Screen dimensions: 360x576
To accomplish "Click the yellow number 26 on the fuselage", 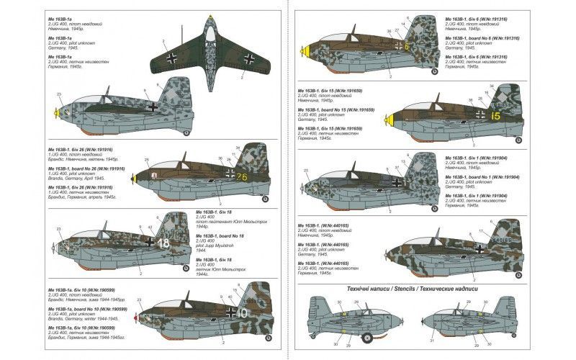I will pyautogui.click(x=241, y=177).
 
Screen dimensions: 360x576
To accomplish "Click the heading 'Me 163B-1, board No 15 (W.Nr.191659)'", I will pyautogui.click(x=338, y=109).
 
